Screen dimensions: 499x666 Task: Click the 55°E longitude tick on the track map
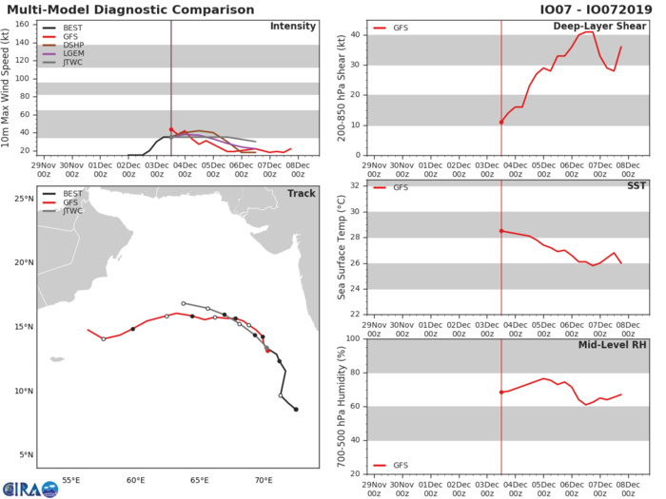(x=69, y=481)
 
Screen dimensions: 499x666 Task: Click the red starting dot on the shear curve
(x=501, y=122)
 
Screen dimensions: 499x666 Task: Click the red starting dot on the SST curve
(x=501, y=231)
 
